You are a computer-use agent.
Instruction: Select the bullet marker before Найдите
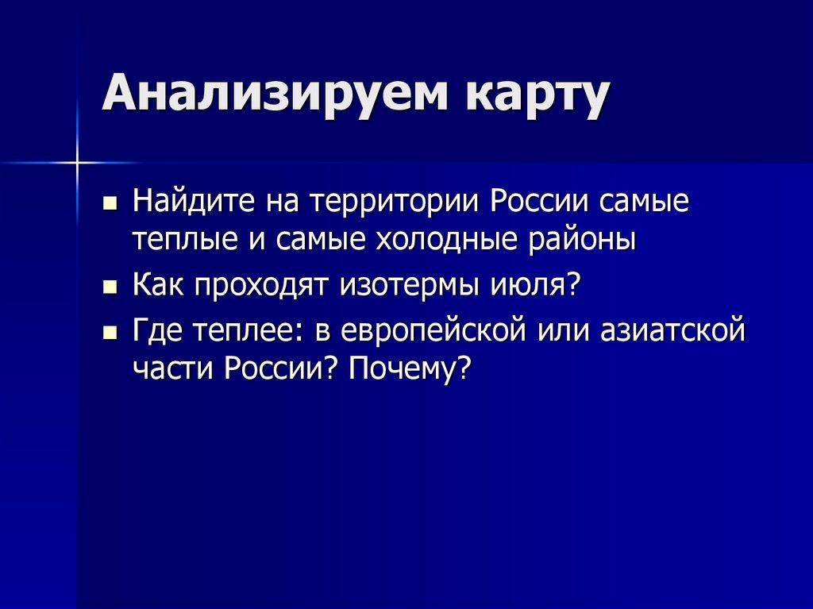point(110,203)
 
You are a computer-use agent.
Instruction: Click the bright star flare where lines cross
point(78,163)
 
